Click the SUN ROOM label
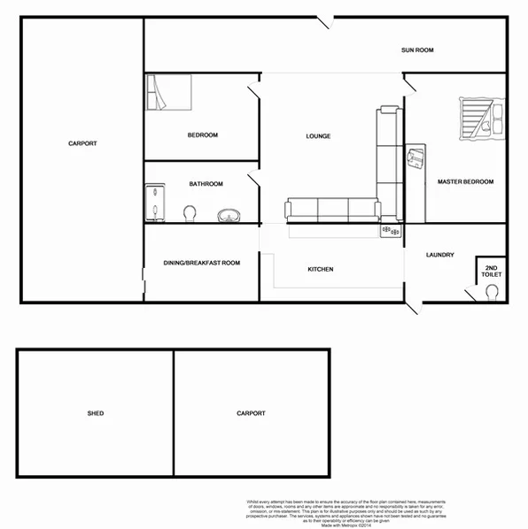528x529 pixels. (416, 50)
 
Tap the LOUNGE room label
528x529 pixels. (318, 136)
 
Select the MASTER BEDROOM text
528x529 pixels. (465, 181)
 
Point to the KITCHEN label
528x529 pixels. (320, 269)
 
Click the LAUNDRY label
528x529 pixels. (439, 255)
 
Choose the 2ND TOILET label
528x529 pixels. (492, 272)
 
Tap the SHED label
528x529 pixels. (96, 413)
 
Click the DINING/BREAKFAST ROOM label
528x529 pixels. (202, 263)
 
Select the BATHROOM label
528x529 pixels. (206, 184)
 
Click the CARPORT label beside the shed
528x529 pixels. (251, 413)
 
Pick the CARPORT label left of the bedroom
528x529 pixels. (82, 143)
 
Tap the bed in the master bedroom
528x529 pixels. (479, 119)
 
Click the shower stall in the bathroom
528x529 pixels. (156, 203)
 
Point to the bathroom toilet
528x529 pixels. (190, 213)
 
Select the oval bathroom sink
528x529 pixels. (230, 213)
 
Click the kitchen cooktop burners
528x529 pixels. (391, 231)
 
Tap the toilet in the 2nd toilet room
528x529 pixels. (493, 294)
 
